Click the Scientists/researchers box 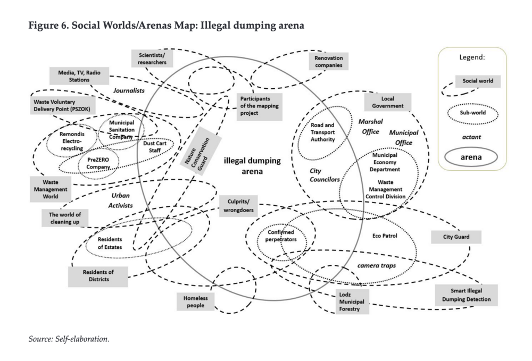tap(153, 58)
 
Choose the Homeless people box tap(196, 302)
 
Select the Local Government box tap(387, 102)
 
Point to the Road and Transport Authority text tap(323, 132)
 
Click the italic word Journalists tap(129, 91)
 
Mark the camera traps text tap(376, 265)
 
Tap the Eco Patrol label tap(385, 234)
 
